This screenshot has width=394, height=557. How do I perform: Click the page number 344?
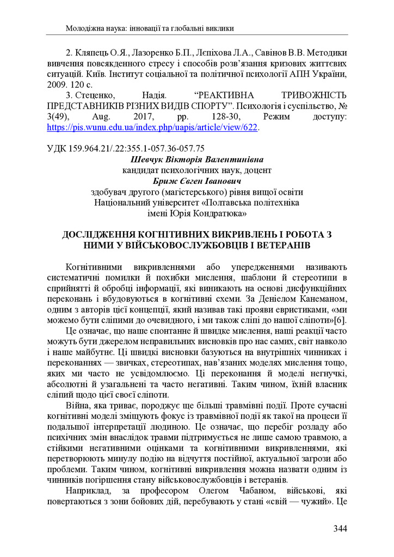coord(340,528)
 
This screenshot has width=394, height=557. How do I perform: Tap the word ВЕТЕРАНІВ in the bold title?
coord(275,245)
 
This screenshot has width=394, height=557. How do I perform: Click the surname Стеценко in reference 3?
coord(90,96)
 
